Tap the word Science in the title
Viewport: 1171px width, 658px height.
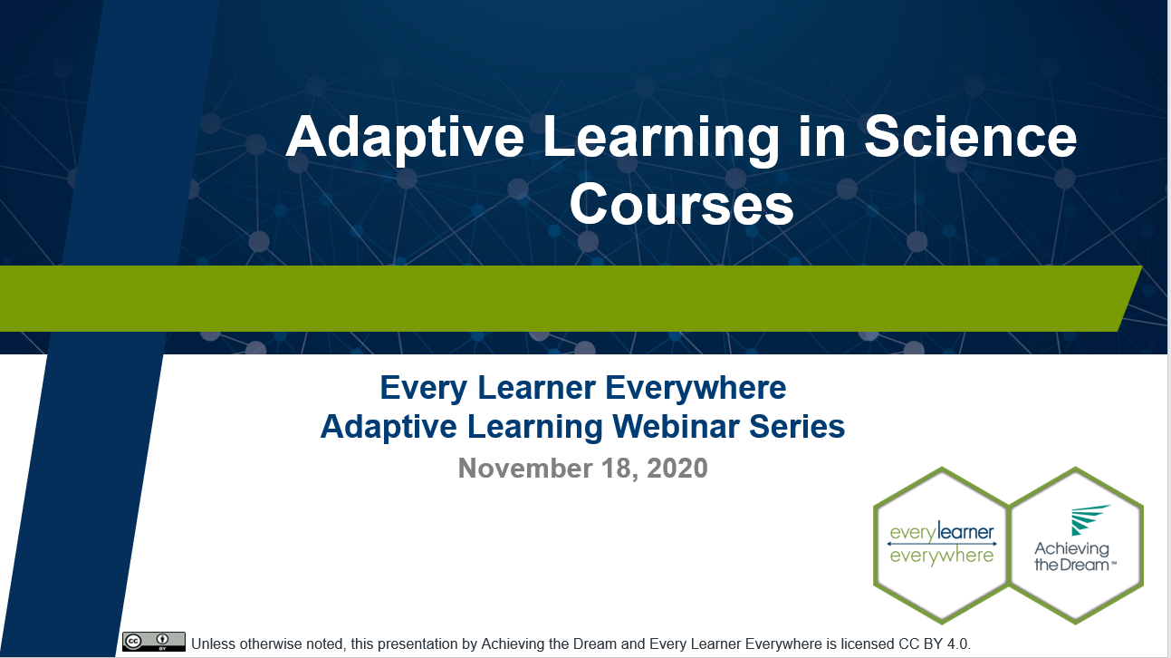click(970, 138)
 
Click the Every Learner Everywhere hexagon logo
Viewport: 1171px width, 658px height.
click(941, 544)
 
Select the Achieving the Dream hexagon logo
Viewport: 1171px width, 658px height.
click(1076, 544)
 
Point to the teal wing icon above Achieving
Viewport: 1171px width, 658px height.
click(1090, 520)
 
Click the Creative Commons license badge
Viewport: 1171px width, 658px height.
click(154, 642)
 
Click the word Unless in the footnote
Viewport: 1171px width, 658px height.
click(214, 644)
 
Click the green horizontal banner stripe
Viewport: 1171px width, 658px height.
click(562, 299)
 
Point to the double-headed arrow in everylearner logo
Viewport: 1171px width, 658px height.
click(941, 544)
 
